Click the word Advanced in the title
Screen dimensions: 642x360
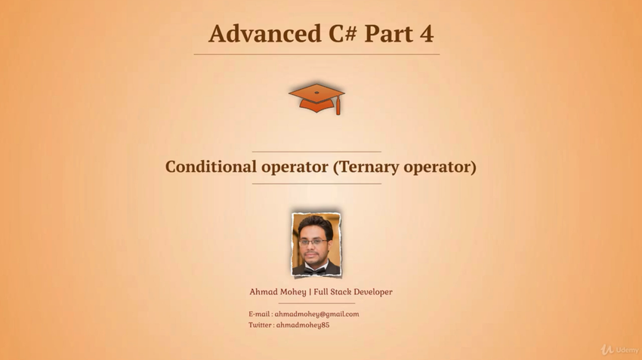pos(265,33)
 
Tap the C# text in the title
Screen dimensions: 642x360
pos(342,33)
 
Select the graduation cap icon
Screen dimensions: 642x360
pos(316,98)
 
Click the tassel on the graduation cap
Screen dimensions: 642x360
pos(338,106)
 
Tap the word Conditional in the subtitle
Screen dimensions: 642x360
pos(211,167)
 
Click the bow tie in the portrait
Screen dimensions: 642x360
pos(314,270)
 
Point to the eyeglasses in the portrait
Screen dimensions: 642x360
pos(313,242)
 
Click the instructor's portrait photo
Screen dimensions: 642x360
pos(316,245)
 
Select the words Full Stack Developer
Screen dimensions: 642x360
pos(353,292)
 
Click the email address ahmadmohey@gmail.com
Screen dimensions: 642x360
pos(316,314)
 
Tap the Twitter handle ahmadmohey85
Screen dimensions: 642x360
pos(303,325)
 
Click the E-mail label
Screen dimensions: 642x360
pos(259,314)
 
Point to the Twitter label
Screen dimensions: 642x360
pos(260,325)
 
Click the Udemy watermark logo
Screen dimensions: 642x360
pos(619,349)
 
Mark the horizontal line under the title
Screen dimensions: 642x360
pos(316,54)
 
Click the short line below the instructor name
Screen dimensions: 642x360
pos(316,303)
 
